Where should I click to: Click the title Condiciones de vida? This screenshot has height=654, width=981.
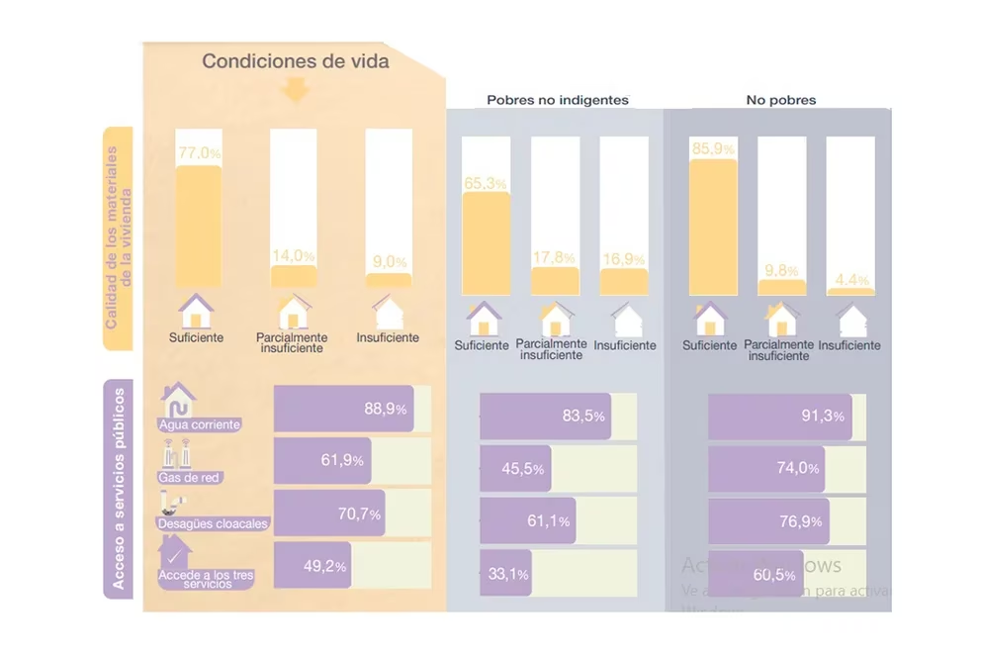pyautogui.click(x=296, y=61)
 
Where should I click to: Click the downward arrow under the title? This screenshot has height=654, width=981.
pyautogui.click(x=296, y=91)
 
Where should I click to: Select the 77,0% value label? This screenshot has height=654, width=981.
pyautogui.click(x=199, y=154)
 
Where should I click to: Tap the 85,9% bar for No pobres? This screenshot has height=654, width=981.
pyautogui.click(x=713, y=228)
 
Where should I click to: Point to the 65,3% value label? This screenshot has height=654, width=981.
pyautogui.click(x=486, y=183)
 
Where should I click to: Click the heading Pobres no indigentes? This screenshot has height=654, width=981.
pyautogui.click(x=557, y=101)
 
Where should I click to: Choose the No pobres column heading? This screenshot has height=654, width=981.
pyautogui.click(x=780, y=101)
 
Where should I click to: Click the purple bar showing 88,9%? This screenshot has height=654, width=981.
pyautogui.click(x=342, y=409)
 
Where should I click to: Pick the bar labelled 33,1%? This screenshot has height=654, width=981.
pyautogui.click(x=506, y=574)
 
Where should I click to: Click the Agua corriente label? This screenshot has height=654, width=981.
pyautogui.click(x=200, y=425)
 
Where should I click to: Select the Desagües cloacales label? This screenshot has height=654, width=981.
pyautogui.click(x=213, y=522)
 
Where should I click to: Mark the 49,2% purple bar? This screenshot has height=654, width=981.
pyautogui.click(x=312, y=566)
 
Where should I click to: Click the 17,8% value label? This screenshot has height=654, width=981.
pyautogui.click(x=555, y=257)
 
